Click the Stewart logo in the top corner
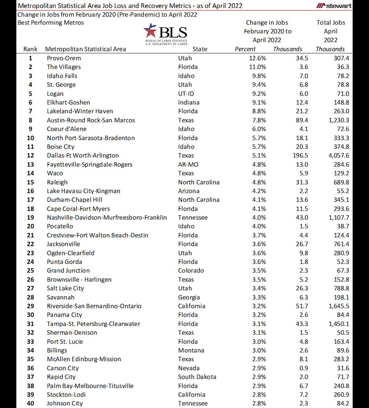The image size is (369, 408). pyautogui.click(x=334, y=6)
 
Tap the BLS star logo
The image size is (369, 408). pyautogui.click(x=150, y=31)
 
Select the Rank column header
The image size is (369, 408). pyautogui.click(x=30, y=49)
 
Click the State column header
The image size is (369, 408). pyautogui.click(x=200, y=49)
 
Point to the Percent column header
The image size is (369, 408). pyautogui.click(x=245, y=49)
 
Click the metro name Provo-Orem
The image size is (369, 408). pyautogui.click(x=64, y=58)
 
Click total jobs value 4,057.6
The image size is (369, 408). pyautogui.click(x=338, y=155)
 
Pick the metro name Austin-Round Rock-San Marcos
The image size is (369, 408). pyautogui.click(x=91, y=120)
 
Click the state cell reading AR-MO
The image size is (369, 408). pyautogui.click(x=188, y=165)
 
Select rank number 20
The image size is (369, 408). pyautogui.click(x=30, y=226)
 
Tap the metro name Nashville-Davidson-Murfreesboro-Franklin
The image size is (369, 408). pyautogui.click(x=107, y=218)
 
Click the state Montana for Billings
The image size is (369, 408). pyautogui.click(x=191, y=351)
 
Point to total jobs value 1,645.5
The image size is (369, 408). pyautogui.click(x=338, y=306)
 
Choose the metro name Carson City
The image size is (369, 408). pyautogui.click(x=63, y=368)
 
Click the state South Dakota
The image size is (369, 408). pyautogui.click(x=197, y=377)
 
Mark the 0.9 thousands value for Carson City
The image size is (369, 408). pyautogui.click(x=303, y=368)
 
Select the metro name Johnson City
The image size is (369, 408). pyautogui.click(x=65, y=404)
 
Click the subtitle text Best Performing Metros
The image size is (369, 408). pyautogui.click(x=51, y=23)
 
